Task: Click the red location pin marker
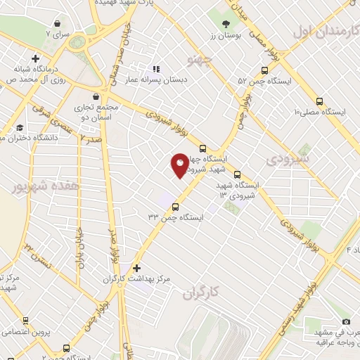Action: tap(180, 165)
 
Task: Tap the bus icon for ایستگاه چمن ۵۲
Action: tap(264, 70)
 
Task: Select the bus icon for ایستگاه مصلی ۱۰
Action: tap(320, 101)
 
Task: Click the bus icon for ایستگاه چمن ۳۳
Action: tap(175, 207)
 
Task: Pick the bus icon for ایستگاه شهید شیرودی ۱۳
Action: tap(237, 174)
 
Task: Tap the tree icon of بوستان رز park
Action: tap(226, 25)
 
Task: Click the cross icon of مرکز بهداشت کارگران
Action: tap(137, 268)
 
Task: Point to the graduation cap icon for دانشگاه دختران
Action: tap(20, 127)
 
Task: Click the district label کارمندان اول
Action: tap(326, 31)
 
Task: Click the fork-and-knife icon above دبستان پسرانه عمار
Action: tap(156, 69)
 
